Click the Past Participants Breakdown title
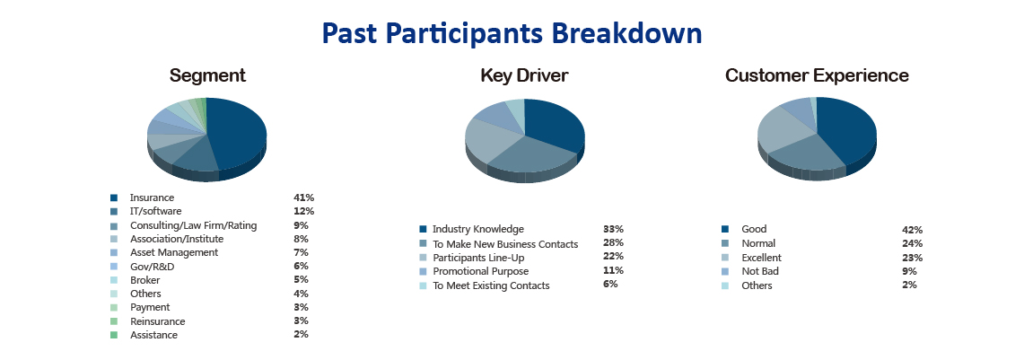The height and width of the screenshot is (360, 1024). pos(512,34)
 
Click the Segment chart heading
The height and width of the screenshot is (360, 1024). pos(207,75)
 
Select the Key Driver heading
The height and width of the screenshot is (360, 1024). pos(524,75)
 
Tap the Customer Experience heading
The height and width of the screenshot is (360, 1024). pos(817,75)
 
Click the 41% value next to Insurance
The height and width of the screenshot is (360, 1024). pos(303,198)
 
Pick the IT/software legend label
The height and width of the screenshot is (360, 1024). pos(155,211)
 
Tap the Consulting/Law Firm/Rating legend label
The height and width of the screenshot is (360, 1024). pos(193,225)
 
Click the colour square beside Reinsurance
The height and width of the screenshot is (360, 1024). pos(114,320)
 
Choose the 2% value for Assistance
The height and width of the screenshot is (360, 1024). pos(301,334)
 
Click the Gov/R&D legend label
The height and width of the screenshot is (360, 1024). pos(153,267)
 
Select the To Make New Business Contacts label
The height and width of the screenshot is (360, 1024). pos(505,243)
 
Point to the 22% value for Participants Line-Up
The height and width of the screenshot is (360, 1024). pos(613,256)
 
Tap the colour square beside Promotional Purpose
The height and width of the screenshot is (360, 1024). pos(423,271)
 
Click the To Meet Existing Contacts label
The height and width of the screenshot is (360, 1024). pos(491,285)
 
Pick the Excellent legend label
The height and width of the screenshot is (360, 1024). pos(761,258)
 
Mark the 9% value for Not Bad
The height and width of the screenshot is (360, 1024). pos(909,271)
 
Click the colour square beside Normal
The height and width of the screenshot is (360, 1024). pos(725,243)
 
